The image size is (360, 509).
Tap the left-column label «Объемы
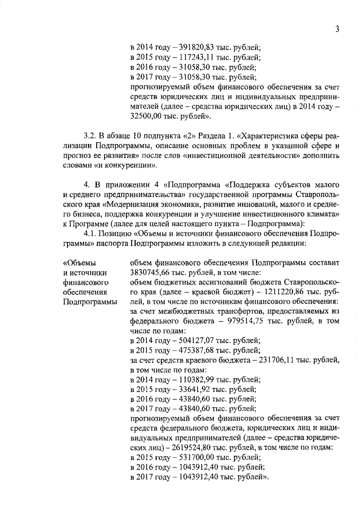pos(79,263)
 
